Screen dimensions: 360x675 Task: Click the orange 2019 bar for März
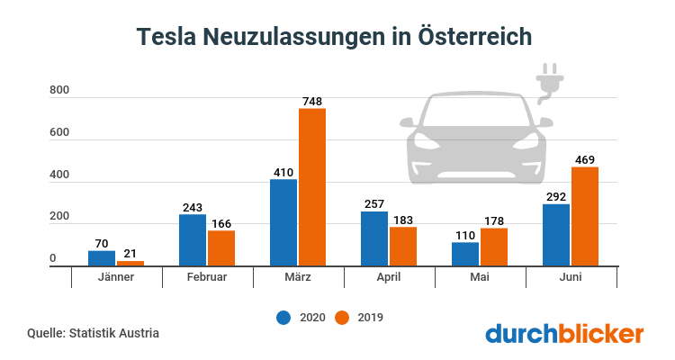click(x=312, y=187)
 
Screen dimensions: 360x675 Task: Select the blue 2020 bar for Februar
click(x=193, y=240)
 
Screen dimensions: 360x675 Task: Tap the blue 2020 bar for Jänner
click(x=102, y=258)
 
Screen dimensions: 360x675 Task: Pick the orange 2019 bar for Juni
click(x=585, y=217)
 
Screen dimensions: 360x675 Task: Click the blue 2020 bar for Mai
click(x=465, y=254)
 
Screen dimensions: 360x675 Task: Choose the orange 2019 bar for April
click(x=403, y=247)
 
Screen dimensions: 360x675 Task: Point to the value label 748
click(x=312, y=102)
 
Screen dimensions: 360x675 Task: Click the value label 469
click(x=585, y=160)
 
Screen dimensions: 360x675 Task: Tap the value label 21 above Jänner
click(x=130, y=254)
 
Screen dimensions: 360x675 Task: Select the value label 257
click(x=374, y=204)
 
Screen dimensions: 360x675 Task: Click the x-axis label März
click(x=298, y=277)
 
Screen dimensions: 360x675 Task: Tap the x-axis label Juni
click(x=571, y=277)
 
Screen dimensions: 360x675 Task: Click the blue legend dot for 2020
click(x=283, y=317)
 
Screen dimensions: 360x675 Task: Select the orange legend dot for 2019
click(x=342, y=317)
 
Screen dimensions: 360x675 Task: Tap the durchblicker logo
click(x=564, y=333)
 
